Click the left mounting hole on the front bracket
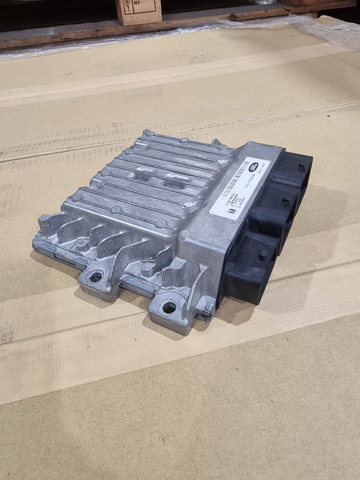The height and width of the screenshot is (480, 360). [95, 276]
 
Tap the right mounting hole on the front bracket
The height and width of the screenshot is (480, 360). [169, 307]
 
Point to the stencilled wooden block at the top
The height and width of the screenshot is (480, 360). [139, 11]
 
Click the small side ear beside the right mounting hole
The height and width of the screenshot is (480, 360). [205, 306]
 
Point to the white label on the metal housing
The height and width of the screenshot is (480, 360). [236, 186]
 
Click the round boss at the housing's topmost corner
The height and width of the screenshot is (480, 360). [148, 133]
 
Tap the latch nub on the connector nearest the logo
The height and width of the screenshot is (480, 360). [301, 167]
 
